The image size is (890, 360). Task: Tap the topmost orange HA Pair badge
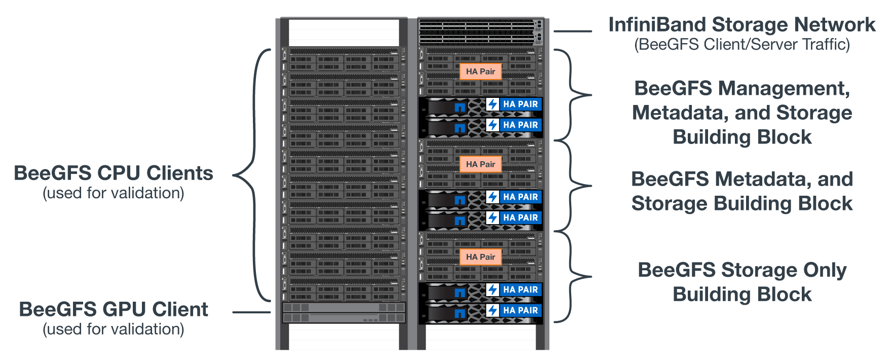coord(480,71)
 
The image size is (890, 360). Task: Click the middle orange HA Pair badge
coord(480,164)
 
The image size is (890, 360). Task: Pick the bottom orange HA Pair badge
coord(480,257)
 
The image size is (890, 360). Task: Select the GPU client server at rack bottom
coord(344,313)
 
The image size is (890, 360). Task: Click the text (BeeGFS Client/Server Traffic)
coord(742,45)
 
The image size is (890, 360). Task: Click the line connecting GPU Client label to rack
coord(251,312)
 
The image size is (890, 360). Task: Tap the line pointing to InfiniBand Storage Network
coord(572,31)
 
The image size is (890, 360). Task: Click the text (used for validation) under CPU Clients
coord(114,193)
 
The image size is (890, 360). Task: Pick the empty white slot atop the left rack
coord(344,32)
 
